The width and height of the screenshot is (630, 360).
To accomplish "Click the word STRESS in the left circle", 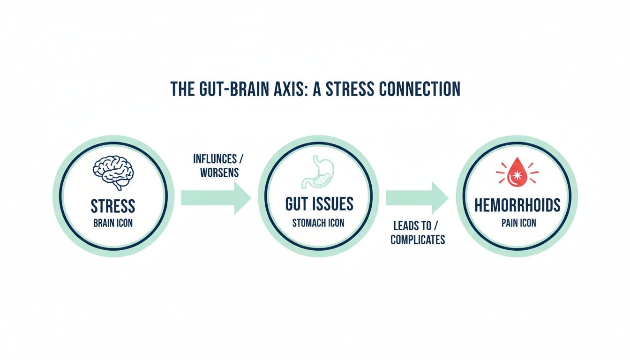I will coord(112,206).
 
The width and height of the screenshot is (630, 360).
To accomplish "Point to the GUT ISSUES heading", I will coord(319,204).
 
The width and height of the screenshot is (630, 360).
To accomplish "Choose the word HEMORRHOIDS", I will coord(517,205).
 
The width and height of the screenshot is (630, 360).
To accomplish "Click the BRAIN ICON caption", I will coord(112,223).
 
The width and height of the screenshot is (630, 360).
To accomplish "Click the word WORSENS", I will coord(219,172).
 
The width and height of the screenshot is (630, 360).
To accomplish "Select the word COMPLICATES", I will coord(418,240).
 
